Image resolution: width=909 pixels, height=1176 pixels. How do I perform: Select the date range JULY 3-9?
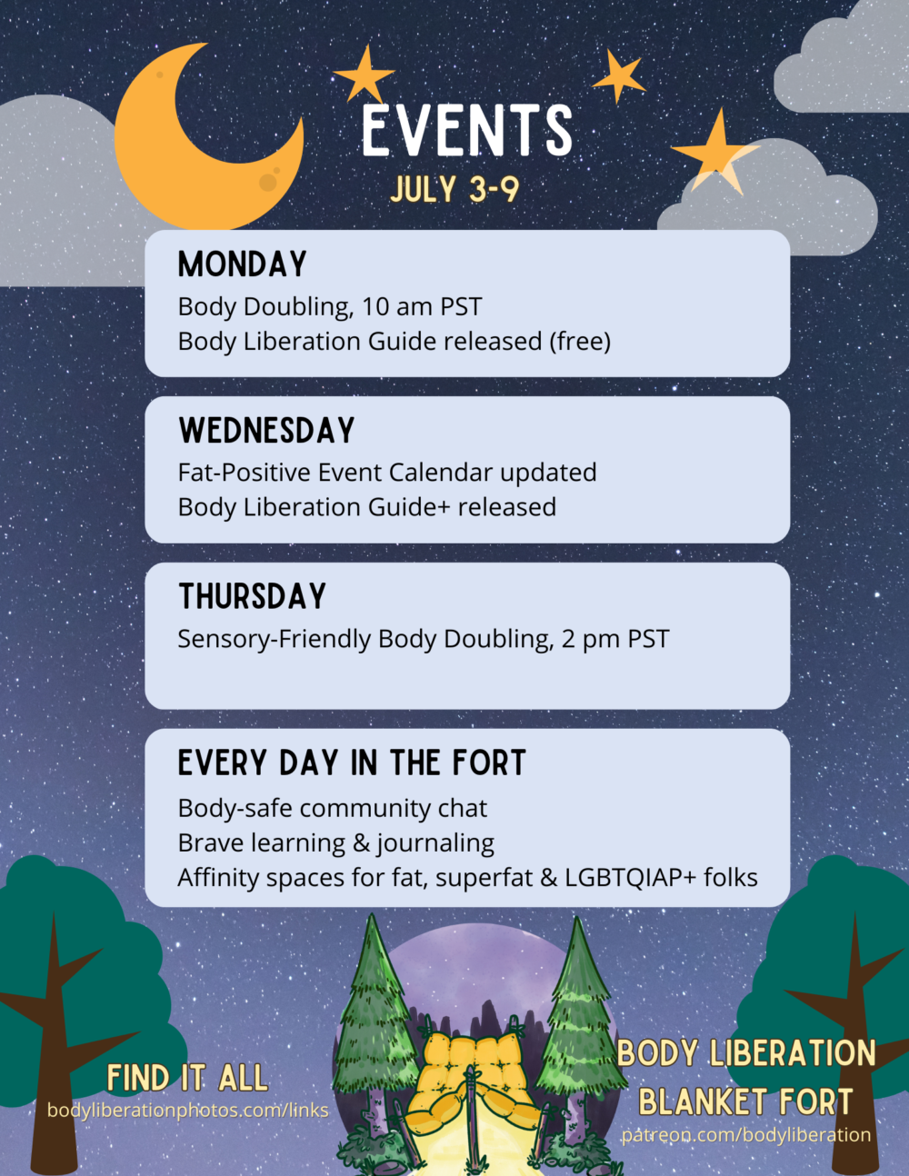(x=454, y=189)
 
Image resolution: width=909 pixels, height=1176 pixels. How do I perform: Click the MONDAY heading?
(x=243, y=264)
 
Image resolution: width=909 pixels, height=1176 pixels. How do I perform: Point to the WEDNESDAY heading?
(x=266, y=431)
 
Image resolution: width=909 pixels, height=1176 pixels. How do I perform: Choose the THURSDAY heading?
(x=252, y=597)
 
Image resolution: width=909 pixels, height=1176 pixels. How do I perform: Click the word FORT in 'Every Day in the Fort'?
(x=491, y=763)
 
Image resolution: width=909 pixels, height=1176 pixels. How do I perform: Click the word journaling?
(x=435, y=844)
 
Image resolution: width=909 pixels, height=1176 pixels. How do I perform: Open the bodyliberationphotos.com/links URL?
(x=187, y=1111)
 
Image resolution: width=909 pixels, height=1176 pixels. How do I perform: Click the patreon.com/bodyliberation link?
(x=745, y=1135)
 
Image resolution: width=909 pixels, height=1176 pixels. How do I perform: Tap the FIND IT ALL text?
(x=187, y=1079)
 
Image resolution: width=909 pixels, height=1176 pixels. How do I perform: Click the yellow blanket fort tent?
(x=473, y=1077)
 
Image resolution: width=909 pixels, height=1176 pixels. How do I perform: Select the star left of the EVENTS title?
(x=365, y=75)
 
